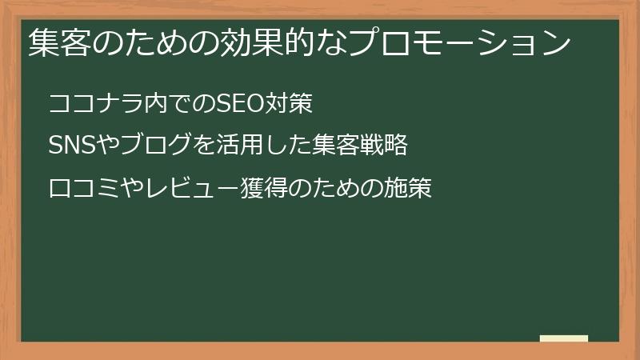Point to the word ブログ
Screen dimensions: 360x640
158,146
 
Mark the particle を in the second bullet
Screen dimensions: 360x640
203,146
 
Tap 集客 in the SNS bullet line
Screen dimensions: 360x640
337,146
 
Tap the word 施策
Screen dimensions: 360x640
409,189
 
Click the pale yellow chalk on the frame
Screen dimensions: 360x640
564,338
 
